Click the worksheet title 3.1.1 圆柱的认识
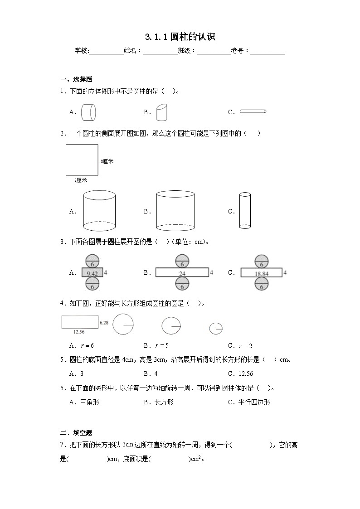point(180,37)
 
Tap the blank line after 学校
point(106,51)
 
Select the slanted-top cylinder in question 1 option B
point(162,112)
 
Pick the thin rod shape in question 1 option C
point(253,111)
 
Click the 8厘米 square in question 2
point(82,160)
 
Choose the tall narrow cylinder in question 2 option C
point(245,210)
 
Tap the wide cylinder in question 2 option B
point(175,211)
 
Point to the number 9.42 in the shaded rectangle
point(92,273)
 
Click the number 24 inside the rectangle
point(182,273)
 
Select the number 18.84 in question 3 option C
point(262,273)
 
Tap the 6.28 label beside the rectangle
point(104,322)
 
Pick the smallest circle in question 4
point(216,328)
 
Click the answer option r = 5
point(161,345)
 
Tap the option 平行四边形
point(254,402)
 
